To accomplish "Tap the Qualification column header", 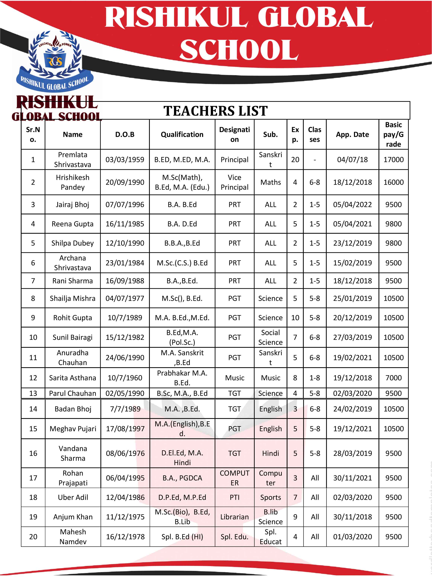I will coord(182,135).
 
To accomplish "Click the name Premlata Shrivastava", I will coord(72,160).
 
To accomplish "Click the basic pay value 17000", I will coord(393,160).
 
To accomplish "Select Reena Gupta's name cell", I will coord(72,224).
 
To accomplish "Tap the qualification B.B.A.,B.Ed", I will coord(182,243).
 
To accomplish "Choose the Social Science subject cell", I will coord(270,337).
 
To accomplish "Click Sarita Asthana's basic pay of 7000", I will coord(393,378).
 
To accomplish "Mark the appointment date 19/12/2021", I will coord(352,429).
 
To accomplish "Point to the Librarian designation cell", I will coord(234,517).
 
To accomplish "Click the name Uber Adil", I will coord(73,497).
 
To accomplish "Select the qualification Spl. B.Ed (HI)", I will coord(182,537).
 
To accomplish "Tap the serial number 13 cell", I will coord(33,393).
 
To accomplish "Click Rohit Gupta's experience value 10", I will coord(295,318).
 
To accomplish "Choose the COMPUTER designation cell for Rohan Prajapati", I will coord(234,478).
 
